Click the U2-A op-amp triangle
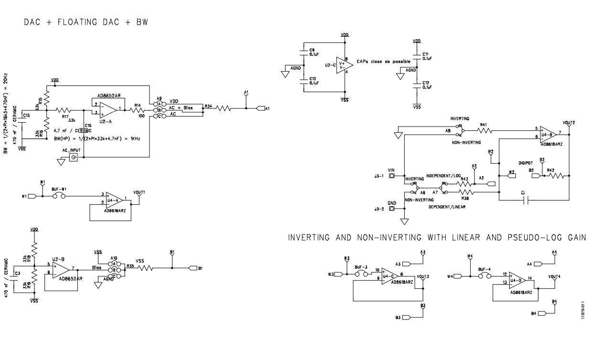pos(107,110)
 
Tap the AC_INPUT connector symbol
pos(73,157)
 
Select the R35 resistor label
pos(130,265)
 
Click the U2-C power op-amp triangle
pos(345,64)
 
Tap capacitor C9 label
pos(312,50)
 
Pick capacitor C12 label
pos(425,83)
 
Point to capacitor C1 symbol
pos(525,201)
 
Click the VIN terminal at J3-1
pos(392,176)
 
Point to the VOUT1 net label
pos(139,192)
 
